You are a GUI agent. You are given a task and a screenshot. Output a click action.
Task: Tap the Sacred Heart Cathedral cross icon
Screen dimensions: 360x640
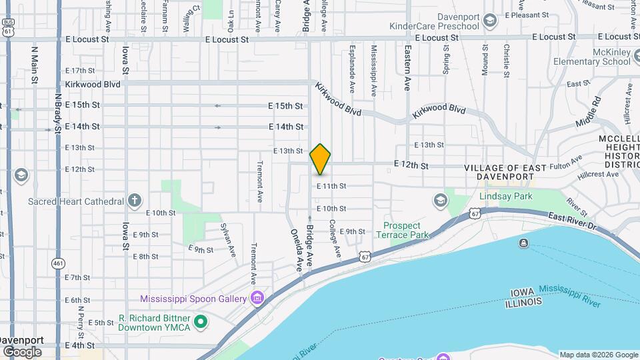tap(135, 200)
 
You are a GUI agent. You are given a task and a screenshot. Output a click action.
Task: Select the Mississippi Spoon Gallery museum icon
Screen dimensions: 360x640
tap(257, 298)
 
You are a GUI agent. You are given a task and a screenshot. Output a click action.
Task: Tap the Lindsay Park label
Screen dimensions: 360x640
tap(505, 196)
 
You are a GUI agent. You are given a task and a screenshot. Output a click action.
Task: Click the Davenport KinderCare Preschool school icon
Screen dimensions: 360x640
tap(490, 21)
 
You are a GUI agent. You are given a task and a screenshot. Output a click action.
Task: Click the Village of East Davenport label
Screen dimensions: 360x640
tap(505, 172)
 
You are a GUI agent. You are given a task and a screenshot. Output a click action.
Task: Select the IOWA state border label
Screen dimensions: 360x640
tap(524, 293)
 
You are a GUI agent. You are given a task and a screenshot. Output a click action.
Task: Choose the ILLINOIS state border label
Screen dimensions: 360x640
tap(523, 303)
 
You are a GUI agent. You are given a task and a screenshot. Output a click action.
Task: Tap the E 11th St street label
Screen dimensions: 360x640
tap(331, 186)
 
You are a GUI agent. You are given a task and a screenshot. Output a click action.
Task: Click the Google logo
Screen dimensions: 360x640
tap(22, 351)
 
